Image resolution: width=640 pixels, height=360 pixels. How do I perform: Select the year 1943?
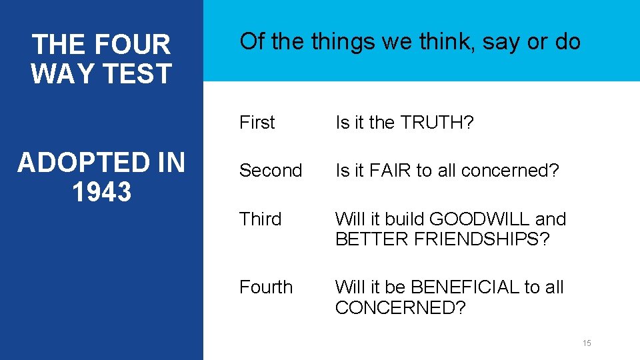click(101, 191)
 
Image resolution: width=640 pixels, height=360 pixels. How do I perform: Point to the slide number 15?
click(587, 343)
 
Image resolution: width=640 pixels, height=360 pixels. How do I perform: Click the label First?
click(257, 123)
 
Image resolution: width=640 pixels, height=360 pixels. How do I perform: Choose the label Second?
click(271, 171)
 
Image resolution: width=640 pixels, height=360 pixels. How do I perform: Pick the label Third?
click(260, 219)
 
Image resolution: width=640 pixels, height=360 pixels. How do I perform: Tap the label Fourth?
click(266, 287)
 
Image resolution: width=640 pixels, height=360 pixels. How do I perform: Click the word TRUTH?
click(436, 123)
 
